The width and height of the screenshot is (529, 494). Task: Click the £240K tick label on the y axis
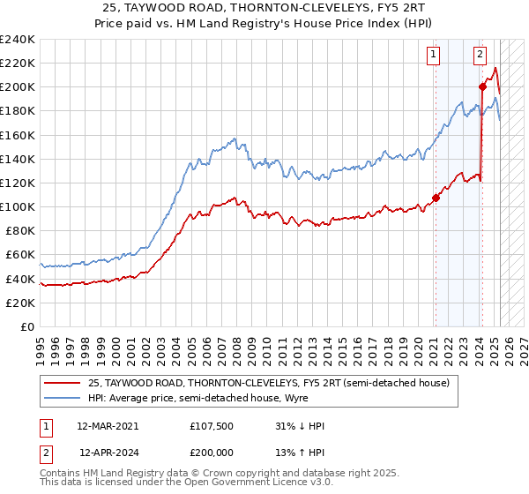point(18,40)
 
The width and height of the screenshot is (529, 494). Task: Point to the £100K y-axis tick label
point(18,206)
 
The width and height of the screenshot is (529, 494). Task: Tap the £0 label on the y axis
point(26,326)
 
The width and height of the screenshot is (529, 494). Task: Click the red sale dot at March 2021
point(436,198)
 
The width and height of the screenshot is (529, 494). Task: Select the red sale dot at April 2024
point(482,86)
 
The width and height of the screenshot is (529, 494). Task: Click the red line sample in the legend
point(63,383)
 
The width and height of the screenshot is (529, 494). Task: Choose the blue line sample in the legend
point(63,398)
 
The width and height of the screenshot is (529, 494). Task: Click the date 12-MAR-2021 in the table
point(107,426)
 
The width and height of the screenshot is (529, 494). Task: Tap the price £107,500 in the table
point(212,426)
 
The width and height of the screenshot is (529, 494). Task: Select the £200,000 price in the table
point(212,453)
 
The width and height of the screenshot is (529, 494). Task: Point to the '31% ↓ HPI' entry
point(300,426)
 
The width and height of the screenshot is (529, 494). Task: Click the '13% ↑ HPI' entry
point(300,453)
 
